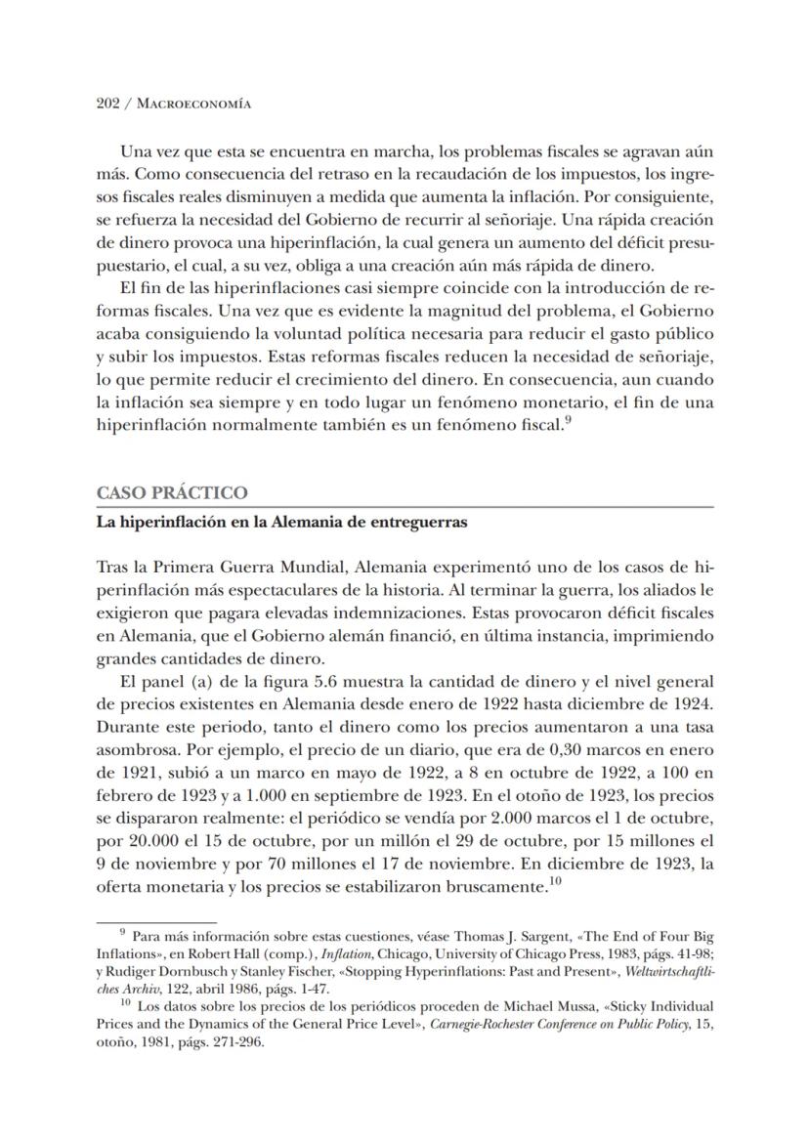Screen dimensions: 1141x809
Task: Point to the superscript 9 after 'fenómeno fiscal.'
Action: (568, 418)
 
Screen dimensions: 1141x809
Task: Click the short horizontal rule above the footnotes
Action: (155, 920)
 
